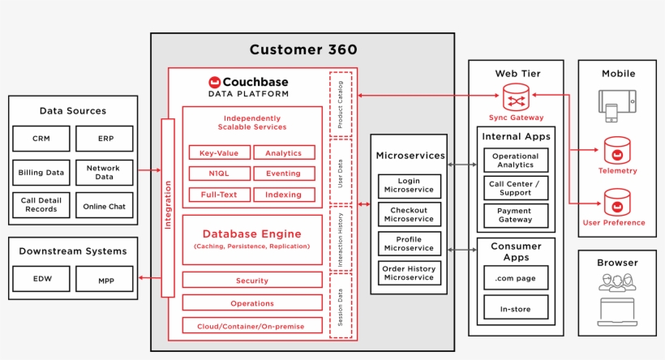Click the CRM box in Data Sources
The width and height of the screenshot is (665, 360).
point(41,139)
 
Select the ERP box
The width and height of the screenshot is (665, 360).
point(105,139)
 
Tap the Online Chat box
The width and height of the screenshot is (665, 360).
point(105,206)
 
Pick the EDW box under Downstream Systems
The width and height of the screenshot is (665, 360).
point(42,278)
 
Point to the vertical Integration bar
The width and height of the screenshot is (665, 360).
point(168,208)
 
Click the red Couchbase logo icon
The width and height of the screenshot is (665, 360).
point(215,82)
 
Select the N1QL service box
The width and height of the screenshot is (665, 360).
point(219,173)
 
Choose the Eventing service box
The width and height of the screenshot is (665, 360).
point(283,173)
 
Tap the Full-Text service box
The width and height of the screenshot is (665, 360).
point(219,195)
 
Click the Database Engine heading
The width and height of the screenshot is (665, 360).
point(251,234)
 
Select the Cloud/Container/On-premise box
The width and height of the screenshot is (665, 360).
point(251,326)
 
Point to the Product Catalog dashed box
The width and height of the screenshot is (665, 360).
point(341,104)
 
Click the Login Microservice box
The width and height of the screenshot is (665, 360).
point(410,186)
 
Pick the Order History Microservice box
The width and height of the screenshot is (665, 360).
point(410,272)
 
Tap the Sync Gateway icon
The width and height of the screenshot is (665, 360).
point(516,101)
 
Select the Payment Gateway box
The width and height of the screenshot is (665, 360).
point(515,216)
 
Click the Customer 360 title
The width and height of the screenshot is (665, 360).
point(302,50)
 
